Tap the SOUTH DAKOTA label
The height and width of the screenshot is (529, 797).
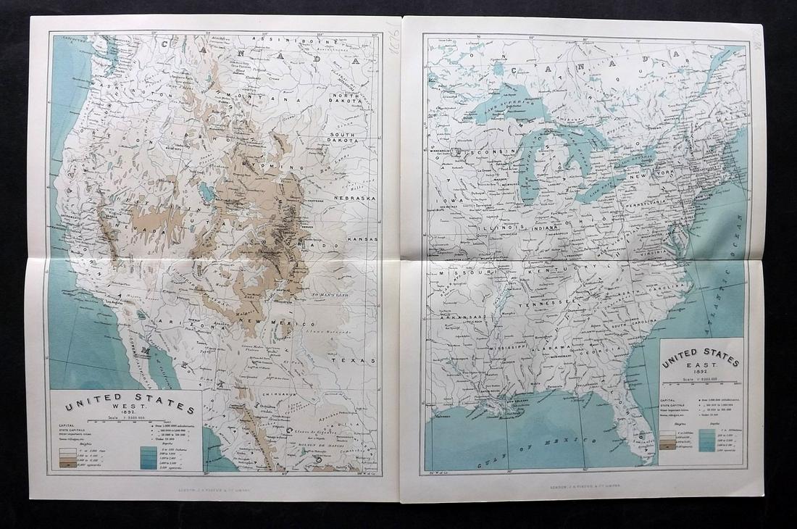pyautogui.click(x=346, y=140)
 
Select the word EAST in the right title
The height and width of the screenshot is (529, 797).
pyautogui.click(x=701, y=370)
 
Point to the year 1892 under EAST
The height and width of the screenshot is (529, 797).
pyautogui.click(x=701, y=378)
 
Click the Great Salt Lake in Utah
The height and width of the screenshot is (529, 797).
pyautogui.click(x=206, y=192)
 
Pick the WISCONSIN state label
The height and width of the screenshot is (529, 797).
pyautogui.click(x=482, y=152)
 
